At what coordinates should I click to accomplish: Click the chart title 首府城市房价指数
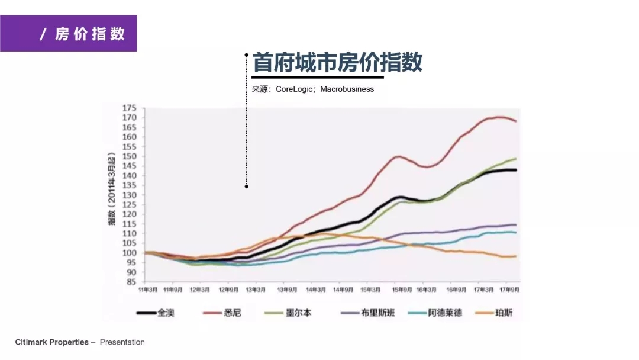tap(337, 62)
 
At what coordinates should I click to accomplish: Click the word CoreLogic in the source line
tap(295, 89)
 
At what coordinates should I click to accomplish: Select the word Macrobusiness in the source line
tap(347, 89)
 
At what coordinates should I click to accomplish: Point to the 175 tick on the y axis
tap(130, 108)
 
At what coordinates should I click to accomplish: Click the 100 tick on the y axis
tap(130, 253)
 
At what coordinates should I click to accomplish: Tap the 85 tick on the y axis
tap(131, 282)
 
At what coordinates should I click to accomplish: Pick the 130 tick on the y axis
tap(130, 195)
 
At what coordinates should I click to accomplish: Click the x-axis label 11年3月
tap(147, 290)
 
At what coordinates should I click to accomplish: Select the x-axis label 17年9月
tap(510, 290)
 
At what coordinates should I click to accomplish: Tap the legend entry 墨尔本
tap(299, 313)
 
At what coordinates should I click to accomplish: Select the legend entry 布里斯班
tap(377, 313)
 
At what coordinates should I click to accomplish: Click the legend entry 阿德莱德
tap(445, 313)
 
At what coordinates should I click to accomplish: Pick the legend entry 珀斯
tap(504, 313)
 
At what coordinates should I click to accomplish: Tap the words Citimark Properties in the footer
tap(51, 342)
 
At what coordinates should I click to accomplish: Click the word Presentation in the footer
tap(122, 342)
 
